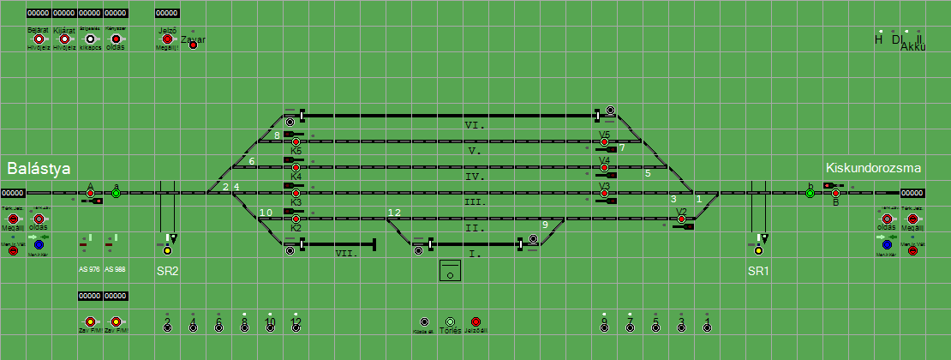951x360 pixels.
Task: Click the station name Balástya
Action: click(39, 168)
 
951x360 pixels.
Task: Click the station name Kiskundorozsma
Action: click(873, 168)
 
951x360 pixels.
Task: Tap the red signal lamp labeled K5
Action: click(296, 141)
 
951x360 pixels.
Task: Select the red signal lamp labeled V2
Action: click(681, 219)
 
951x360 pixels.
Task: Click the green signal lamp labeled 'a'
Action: click(117, 194)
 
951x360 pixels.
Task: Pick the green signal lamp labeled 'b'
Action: click(810, 194)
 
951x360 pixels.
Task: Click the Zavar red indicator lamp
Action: click(193, 45)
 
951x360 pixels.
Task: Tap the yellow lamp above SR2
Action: click(167, 250)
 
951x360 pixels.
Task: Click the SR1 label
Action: click(758, 271)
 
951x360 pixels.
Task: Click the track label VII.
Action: click(346, 254)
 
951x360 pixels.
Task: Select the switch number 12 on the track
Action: click(394, 213)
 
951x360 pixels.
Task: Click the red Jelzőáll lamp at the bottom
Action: click(475, 321)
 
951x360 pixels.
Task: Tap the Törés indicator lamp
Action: click(450, 321)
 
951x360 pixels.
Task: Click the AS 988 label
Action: click(115, 270)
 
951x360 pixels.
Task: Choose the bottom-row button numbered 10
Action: click(270, 326)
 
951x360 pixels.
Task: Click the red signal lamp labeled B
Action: click(835, 194)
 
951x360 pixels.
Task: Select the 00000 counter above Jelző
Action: click(167, 14)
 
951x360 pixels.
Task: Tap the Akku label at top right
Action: click(913, 48)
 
